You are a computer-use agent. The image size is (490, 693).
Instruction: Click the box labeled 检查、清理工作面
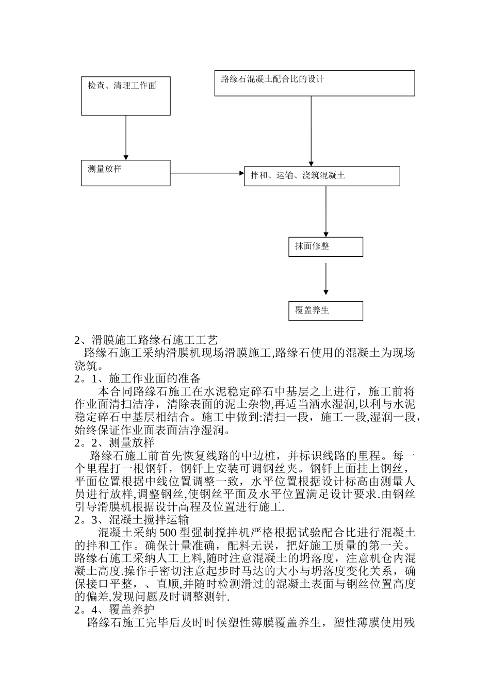click(x=126, y=96)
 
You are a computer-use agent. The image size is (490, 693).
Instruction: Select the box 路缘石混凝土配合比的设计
click(x=315, y=83)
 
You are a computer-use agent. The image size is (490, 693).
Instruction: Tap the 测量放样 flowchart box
click(x=126, y=173)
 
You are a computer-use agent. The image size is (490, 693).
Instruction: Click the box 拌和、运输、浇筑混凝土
click(x=322, y=176)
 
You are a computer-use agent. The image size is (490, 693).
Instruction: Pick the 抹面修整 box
click(x=325, y=247)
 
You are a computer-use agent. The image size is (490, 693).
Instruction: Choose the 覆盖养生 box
click(x=325, y=311)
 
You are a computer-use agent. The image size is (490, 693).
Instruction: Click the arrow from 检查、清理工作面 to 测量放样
click(x=126, y=137)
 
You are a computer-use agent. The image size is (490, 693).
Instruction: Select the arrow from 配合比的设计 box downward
click(x=311, y=131)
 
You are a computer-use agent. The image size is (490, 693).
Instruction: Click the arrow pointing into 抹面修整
click(x=325, y=211)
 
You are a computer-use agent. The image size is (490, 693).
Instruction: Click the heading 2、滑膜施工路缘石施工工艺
click(x=146, y=340)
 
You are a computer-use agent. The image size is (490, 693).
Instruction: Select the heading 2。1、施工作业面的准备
click(x=137, y=379)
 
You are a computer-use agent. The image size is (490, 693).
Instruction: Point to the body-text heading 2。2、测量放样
click(x=115, y=443)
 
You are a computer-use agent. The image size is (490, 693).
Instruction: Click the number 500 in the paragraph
click(x=168, y=533)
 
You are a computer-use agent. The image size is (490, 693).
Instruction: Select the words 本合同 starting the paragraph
click(x=114, y=392)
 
